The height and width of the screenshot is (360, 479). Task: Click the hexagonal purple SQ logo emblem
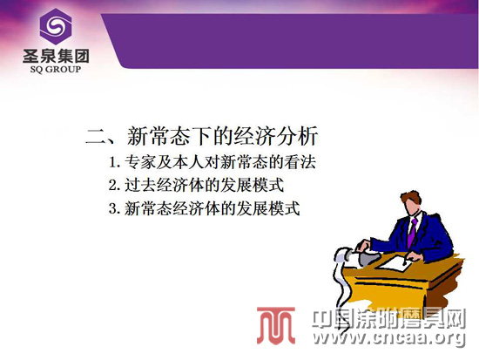[56, 27]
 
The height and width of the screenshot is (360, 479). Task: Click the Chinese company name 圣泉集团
[56, 56]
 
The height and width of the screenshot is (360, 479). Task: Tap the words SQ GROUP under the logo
[56, 70]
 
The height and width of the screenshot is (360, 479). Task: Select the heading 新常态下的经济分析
[222, 135]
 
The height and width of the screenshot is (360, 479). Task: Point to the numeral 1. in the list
[114, 162]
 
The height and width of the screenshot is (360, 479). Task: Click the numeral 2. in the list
[114, 186]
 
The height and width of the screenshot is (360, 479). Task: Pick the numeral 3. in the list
[114, 208]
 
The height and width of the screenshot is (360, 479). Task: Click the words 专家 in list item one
[140, 162]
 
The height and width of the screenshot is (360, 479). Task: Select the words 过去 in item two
[140, 185]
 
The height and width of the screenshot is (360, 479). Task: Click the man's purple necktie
[412, 233]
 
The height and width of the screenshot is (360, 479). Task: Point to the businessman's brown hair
[411, 197]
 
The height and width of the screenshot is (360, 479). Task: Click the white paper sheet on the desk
[394, 263]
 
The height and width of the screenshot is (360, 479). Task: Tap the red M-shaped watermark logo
[276, 325]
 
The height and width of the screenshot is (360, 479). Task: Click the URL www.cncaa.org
[389, 337]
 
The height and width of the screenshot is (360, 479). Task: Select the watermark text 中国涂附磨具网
[389, 319]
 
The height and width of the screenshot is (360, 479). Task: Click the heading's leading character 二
[96, 136]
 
